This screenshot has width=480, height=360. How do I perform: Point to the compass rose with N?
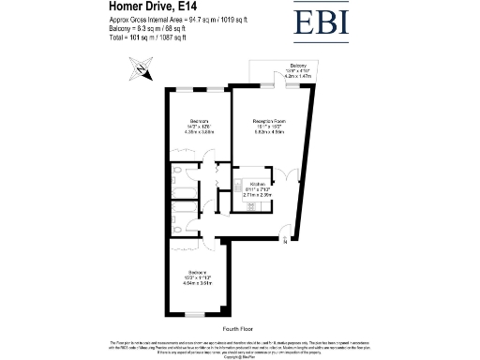(139, 67)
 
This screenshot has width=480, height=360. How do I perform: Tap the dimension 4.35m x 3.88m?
(198, 132)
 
